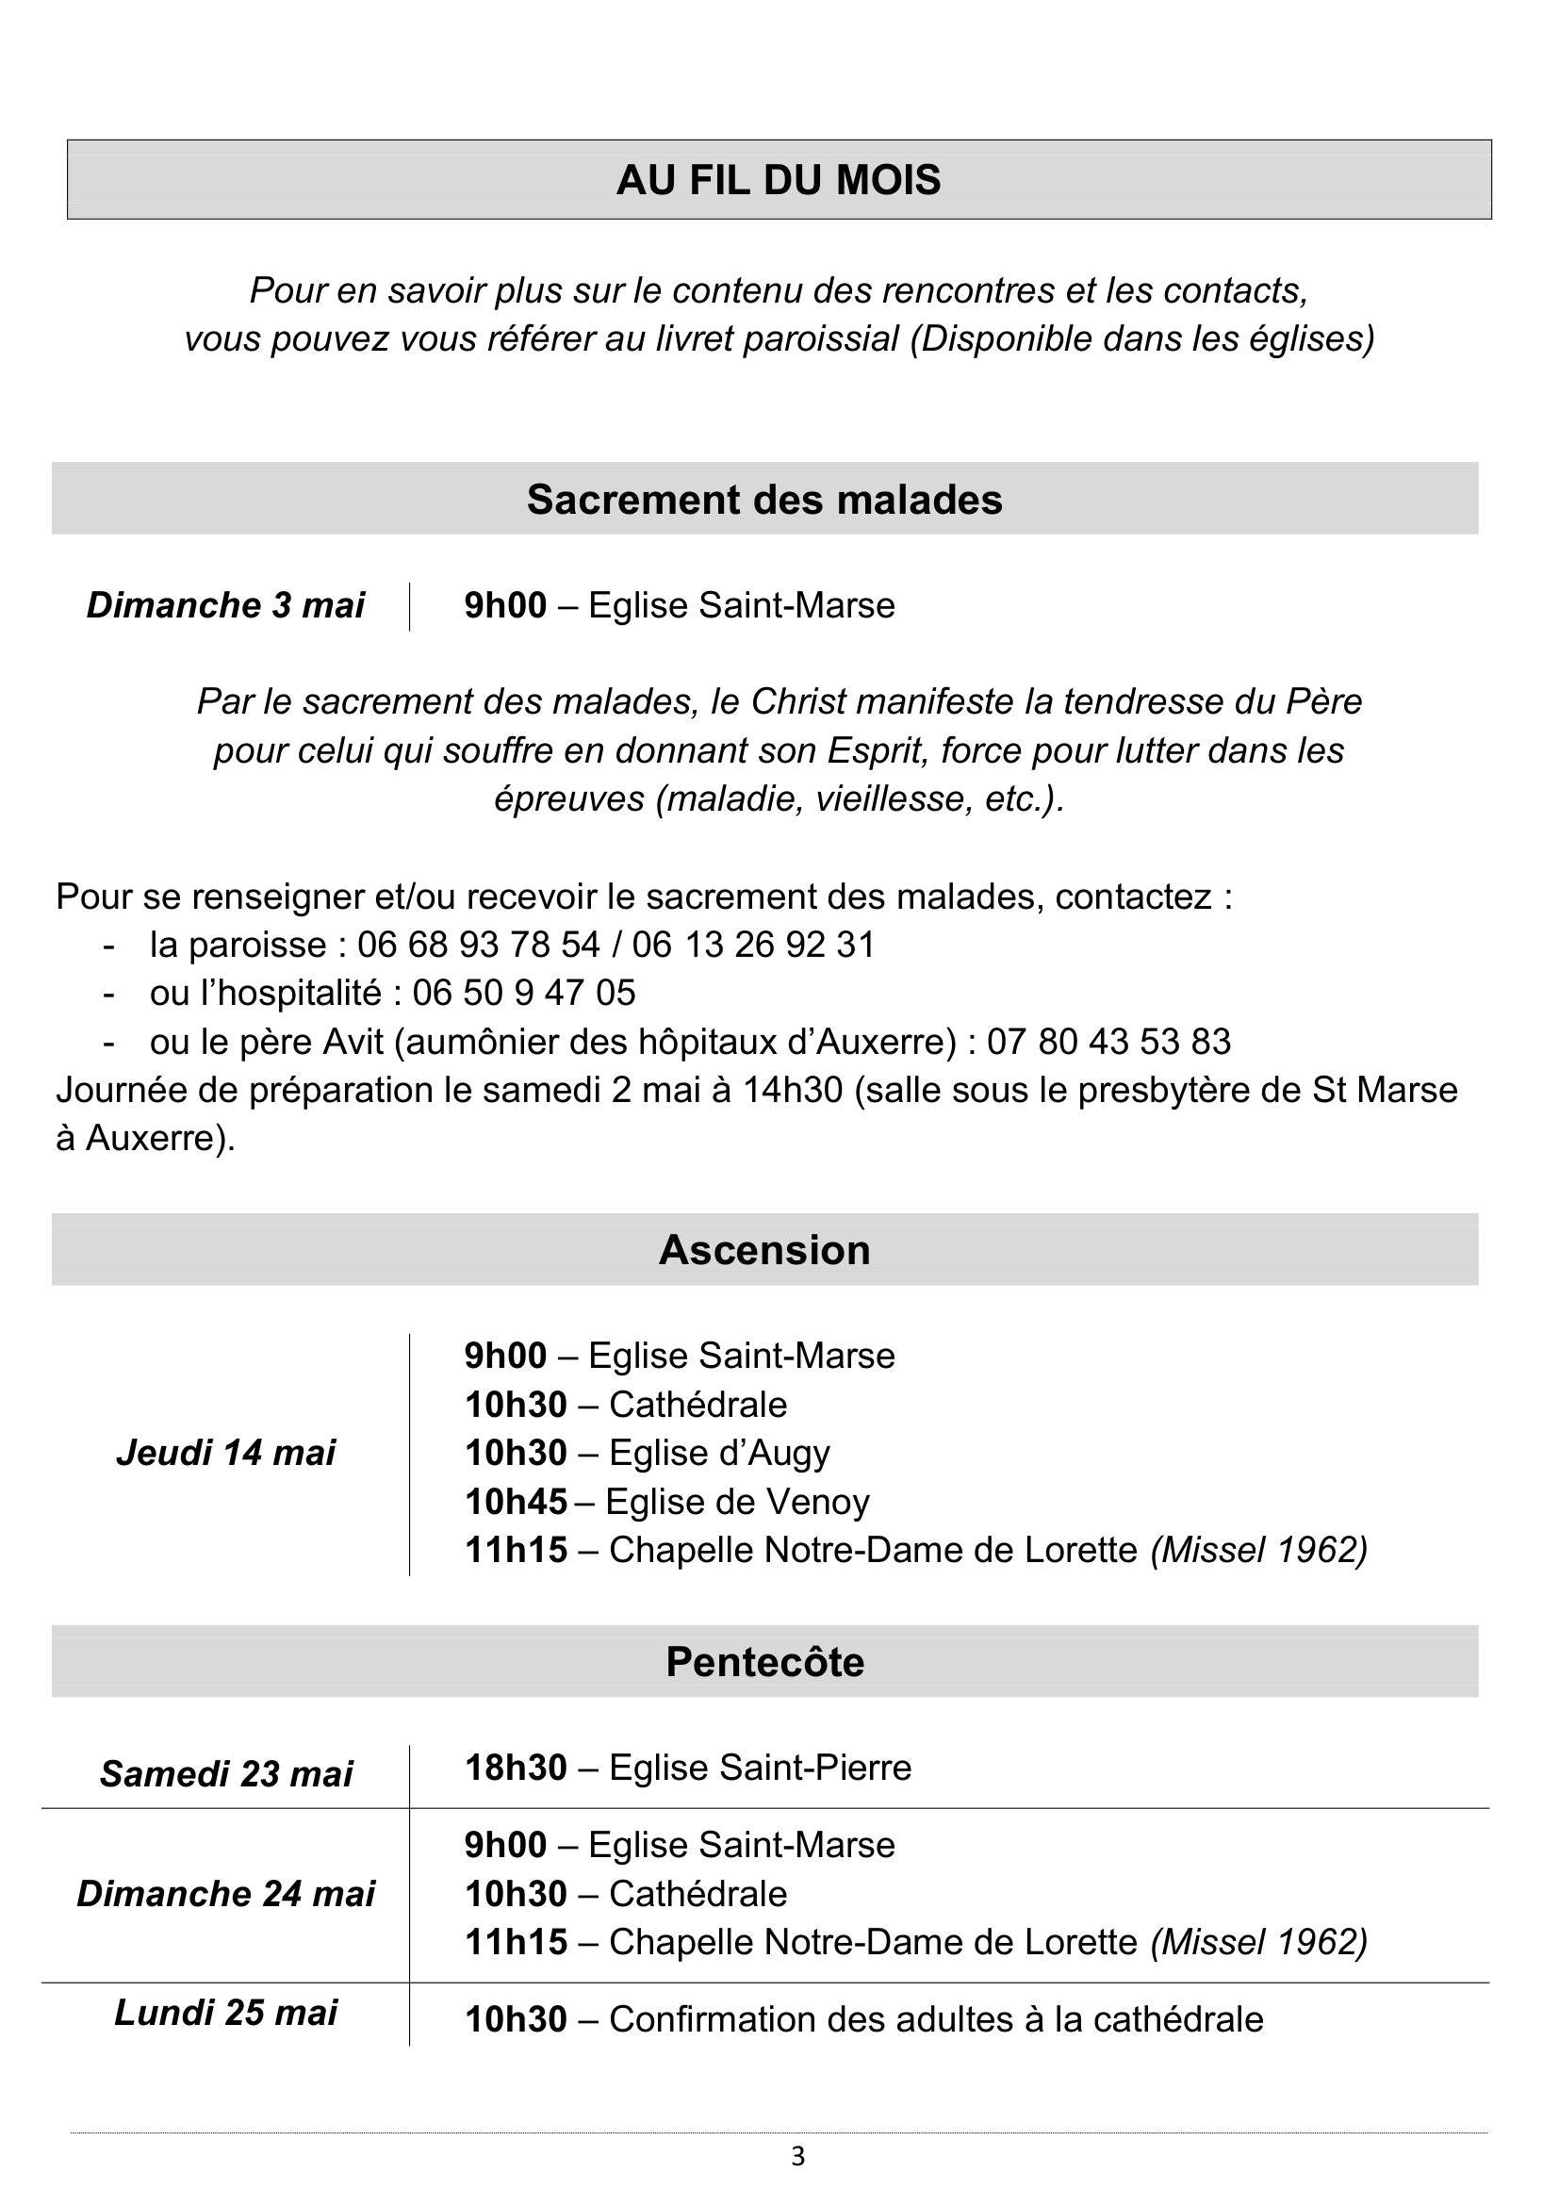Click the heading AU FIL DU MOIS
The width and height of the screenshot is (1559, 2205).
779,180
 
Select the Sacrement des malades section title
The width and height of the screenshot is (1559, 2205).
764,500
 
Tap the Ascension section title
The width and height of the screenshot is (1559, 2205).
764,1249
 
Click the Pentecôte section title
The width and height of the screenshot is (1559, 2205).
764,1661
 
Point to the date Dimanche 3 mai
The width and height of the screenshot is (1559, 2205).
225,605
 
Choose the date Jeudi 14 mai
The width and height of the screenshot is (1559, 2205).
225,1452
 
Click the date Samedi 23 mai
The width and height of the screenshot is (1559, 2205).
225,1774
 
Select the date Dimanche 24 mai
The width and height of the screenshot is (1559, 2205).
225,1894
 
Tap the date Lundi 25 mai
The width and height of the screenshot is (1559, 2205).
225,2013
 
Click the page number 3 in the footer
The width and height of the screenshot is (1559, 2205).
797,2157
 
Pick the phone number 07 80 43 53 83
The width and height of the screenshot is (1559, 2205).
1108,1041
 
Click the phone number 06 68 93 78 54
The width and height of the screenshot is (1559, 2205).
478,944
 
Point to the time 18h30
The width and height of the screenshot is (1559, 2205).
516,1767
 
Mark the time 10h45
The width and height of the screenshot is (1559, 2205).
516,1501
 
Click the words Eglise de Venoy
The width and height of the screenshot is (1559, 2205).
737,1501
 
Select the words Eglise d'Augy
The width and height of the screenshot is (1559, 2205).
719,1452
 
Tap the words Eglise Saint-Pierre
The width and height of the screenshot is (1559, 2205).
760,1767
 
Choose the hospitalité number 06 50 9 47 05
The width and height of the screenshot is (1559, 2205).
524,992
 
